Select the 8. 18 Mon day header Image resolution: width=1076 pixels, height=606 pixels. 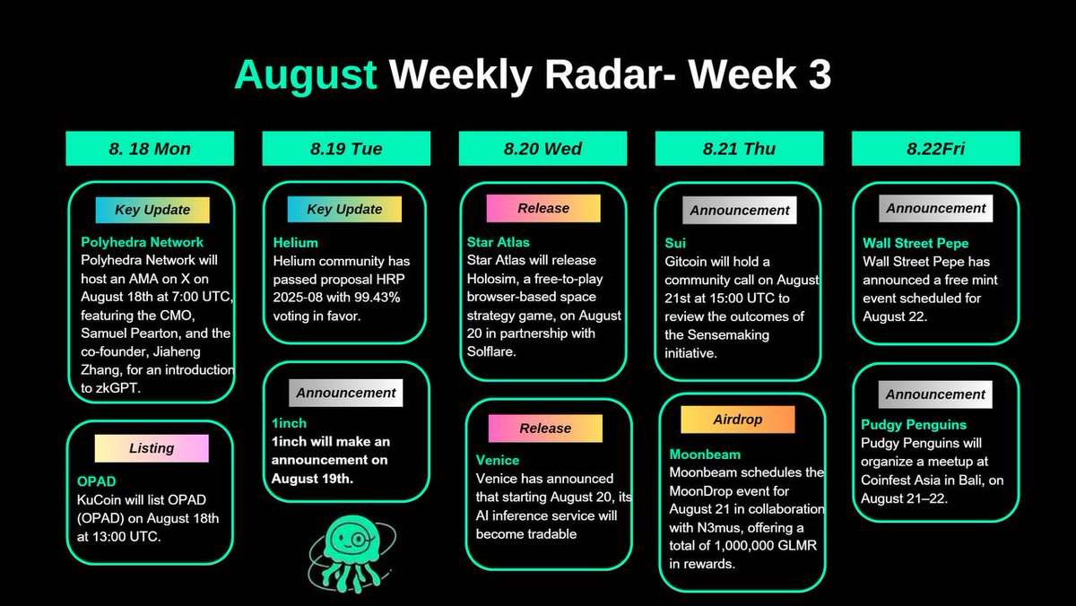(150, 149)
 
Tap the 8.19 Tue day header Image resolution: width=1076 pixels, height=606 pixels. (346, 149)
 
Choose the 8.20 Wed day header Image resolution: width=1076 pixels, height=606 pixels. (542, 149)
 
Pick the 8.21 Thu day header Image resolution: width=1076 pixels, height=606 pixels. (739, 149)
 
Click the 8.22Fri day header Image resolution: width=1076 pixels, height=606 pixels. (935, 149)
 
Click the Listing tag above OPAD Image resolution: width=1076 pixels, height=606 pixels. (152, 447)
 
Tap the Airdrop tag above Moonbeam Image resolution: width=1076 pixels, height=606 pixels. (737, 420)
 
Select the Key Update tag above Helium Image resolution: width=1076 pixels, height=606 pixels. (344, 209)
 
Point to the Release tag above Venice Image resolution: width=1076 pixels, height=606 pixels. (544, 429)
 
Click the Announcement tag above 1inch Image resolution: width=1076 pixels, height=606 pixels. (345, 393)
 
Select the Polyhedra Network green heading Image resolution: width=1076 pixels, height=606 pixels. (142, 242)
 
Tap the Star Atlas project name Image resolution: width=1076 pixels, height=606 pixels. (499, 242)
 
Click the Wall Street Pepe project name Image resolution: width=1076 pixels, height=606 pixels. (915, 243)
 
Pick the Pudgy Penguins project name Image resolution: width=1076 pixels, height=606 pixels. (915, 425)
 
